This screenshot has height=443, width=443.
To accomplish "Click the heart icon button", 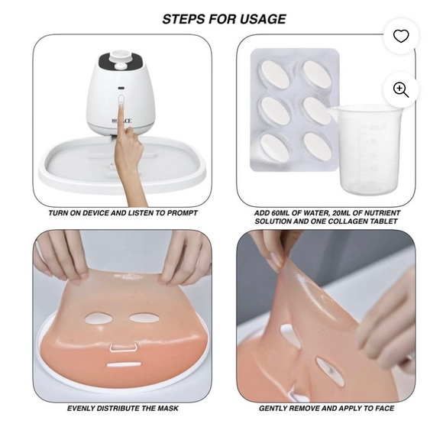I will click(x=400, y=36).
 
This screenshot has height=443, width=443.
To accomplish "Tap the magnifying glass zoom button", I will click(x=400, y=89).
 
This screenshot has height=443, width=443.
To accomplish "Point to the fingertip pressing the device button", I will click(x=121, y=99).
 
